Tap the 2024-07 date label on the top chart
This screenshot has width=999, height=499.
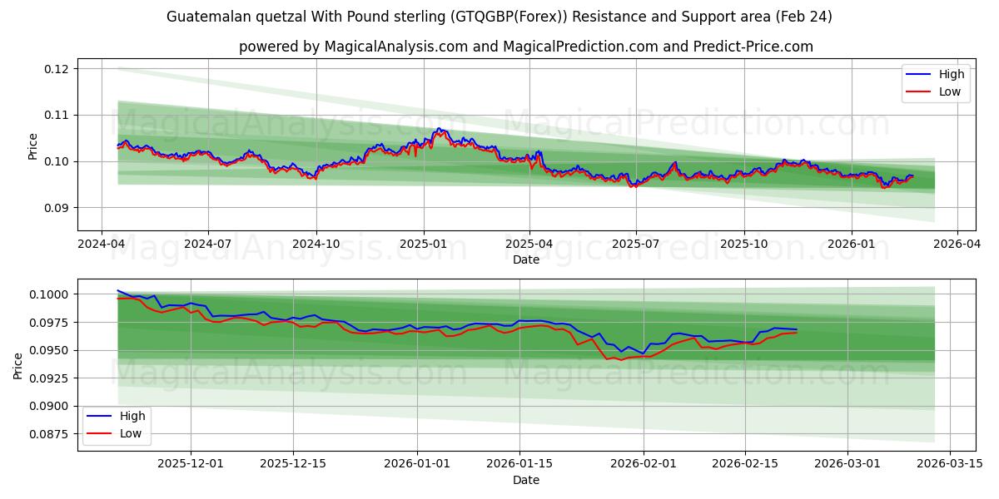point(207,244)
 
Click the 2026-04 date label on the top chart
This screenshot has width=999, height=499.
point(957,244)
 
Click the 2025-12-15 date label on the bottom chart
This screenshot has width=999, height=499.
point(293,464)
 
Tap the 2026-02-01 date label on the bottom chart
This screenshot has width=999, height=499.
point(644,464)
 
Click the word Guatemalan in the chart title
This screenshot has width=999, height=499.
point(206,17)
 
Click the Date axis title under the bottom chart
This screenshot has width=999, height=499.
point(525,480)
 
